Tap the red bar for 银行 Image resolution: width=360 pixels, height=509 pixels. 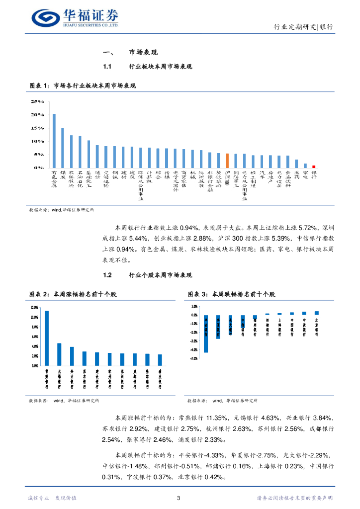[314, 167]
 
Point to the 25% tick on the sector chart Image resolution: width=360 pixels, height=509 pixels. [38, 101]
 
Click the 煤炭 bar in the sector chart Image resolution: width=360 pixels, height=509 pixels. [62, 148]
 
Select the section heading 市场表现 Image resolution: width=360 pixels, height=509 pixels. [143, 52]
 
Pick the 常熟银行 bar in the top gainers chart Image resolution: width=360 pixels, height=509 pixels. [47, 338]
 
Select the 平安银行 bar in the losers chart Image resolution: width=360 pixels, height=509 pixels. [206, 334]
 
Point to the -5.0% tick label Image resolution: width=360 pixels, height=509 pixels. [194, 358]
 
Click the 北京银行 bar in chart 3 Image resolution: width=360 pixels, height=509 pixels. [316, 313]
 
